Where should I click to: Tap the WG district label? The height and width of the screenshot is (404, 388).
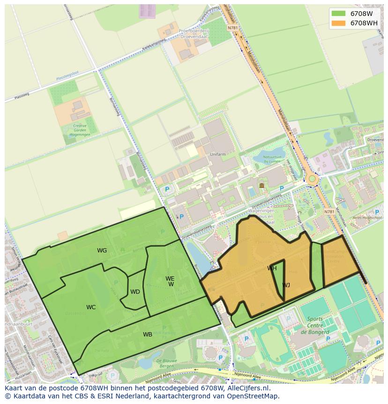click(102, 251)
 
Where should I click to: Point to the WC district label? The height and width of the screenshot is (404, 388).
click(91, 307)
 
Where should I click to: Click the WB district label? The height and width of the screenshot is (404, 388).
click(148, 335)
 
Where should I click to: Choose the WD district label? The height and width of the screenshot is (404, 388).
click(135, 292)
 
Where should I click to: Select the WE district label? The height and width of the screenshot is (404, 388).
click(170, 279)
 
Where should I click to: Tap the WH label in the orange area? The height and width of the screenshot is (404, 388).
click(272, 268)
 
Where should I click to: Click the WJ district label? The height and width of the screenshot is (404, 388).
click(286, 285)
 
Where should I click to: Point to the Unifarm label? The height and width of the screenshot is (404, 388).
click(218, 154)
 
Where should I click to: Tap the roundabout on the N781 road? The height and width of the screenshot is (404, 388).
click(313, 179)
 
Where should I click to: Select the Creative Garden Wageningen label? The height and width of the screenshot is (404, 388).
click(80, 130)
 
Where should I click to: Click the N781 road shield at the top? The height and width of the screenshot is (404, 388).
click(233, 28)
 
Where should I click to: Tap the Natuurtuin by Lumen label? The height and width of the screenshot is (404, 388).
click(271, 159)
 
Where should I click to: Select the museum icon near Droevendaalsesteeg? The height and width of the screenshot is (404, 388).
click(261, 185)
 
